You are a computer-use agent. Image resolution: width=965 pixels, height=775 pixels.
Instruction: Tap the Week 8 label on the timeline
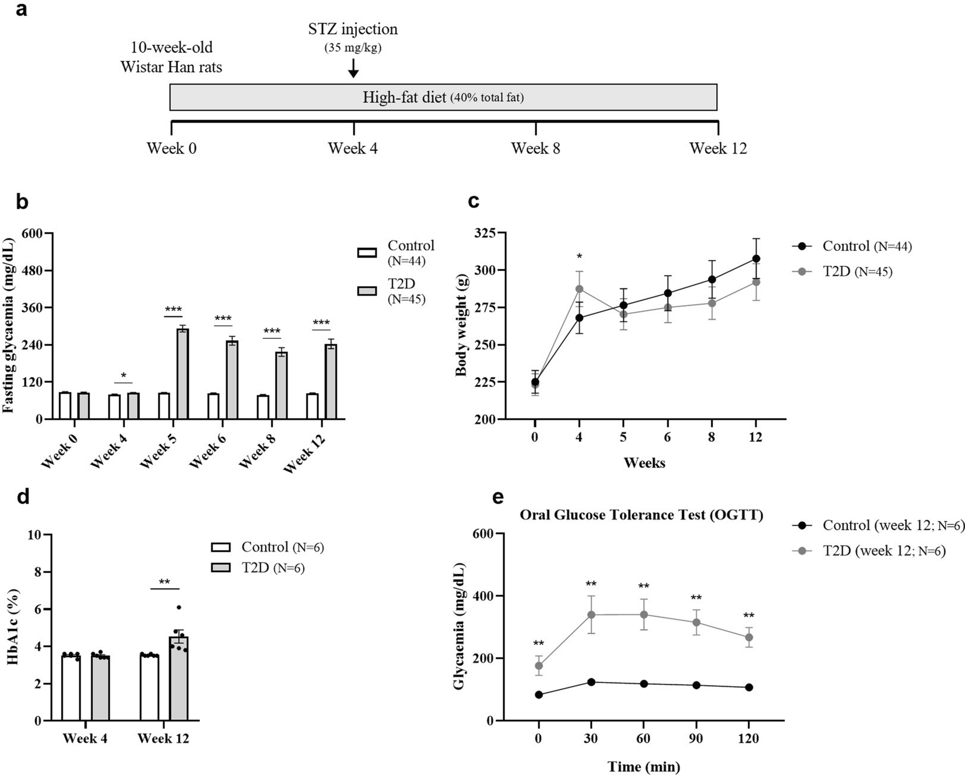(x=535, y=148)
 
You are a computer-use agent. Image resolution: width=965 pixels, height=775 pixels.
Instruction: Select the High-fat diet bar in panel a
(x=443, y=97)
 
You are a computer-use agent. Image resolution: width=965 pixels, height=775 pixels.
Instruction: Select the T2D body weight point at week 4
(x=579, y=289)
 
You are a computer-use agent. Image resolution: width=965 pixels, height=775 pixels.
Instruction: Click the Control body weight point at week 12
(x=756, y=258)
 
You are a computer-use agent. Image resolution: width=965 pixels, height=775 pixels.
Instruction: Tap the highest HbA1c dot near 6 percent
(x=179, y=608)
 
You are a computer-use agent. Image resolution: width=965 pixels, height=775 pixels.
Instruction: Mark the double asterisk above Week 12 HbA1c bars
(x=164, y=582)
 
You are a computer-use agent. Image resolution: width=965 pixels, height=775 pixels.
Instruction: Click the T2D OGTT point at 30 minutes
(x=591, y=614)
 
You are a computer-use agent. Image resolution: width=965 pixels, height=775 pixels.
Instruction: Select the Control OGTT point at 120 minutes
(x=749, y=687)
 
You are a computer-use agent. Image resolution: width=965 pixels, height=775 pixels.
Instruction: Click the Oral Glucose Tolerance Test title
(x=642, y=515)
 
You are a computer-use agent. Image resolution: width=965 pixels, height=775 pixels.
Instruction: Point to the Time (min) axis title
(x=643, y=767)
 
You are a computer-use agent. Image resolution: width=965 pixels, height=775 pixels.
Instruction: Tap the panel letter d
(x=23, y=497)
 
